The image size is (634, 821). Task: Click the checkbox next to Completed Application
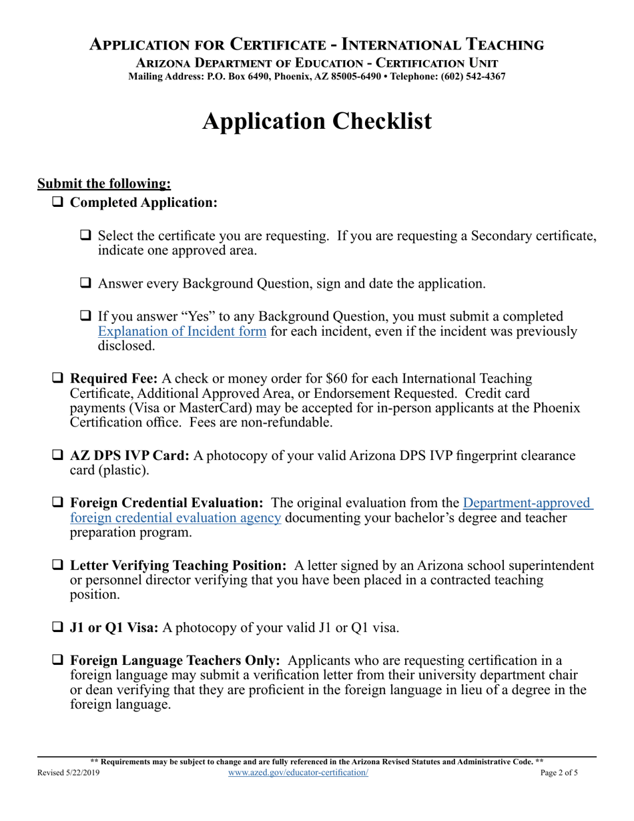pyautogui.click(x=58, y=202)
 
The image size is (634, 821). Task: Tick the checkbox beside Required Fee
pyautogui.click(x=58, y=378)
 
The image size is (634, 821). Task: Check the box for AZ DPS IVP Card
pyautogui.click(x=58, y=456)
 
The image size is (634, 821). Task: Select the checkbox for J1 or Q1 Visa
pyautogui.click(x=58, y=627)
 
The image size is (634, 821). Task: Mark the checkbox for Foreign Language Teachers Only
pyautogui.click(x=58, y=661)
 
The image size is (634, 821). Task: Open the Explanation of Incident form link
pyautogui.click(x=182, y=331)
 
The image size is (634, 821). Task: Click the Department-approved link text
pyautogui.click(x=527, y=503)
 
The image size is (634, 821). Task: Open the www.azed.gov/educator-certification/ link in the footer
pyautogui.click(x=298, y=772)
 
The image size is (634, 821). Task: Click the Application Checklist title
pyautogui.click(x=316, y=121)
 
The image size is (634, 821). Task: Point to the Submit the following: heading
pyautogui.click(x=104, y=184)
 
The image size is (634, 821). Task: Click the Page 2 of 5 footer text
pyautogui.click(x=559, y=773)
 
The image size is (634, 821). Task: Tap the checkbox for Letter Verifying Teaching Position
pyautogui.click(x=58, y=566)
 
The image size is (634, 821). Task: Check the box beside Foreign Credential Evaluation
pyautogui.click(x=58, y=503)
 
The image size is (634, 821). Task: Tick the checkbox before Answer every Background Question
pyautogui.click(x=85, y=283)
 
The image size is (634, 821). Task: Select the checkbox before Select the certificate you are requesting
pyautogui.click(x=85, y=236)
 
